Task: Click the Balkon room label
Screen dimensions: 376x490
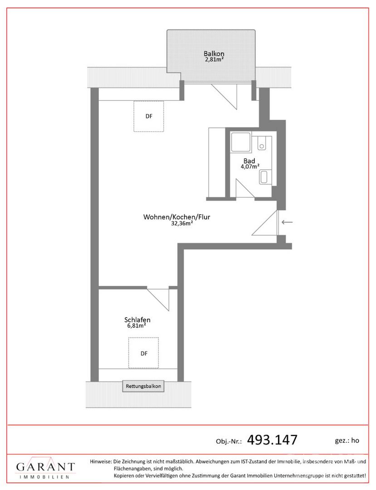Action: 214,54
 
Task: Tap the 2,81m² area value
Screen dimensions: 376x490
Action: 214,59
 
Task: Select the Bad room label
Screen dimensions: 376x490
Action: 249,161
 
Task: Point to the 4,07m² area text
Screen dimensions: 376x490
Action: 250,167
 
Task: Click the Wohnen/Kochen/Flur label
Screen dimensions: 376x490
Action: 176,217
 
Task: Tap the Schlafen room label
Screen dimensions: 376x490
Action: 137,320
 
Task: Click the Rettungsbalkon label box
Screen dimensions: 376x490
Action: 143,386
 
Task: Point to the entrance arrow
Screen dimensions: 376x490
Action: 287,222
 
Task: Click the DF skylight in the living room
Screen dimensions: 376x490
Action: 149,116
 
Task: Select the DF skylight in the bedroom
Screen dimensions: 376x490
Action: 144,353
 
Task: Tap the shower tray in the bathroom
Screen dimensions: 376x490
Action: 241,142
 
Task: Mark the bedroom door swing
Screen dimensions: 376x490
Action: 158,299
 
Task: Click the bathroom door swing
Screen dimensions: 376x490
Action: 245,188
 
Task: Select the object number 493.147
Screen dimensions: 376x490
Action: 272,440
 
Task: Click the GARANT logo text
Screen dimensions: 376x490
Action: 46,467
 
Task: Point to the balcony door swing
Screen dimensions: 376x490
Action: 224,96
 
